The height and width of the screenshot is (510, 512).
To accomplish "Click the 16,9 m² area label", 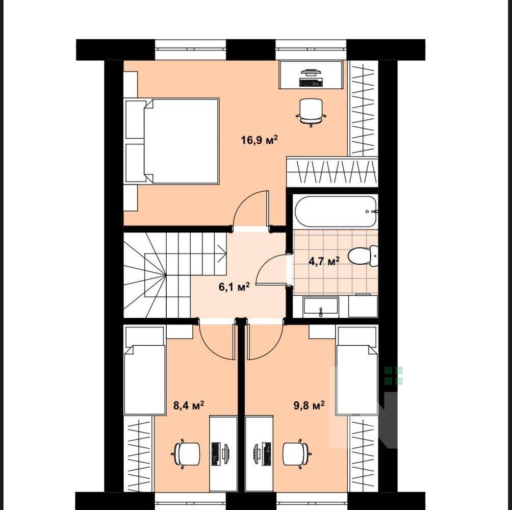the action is pyautogui.click(x=259, y=140).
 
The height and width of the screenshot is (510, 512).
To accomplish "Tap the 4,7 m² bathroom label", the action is pyautogui.click(x=324, y=261).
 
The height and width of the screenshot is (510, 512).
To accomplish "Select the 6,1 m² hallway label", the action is pyautogui.click(x=234, y=287).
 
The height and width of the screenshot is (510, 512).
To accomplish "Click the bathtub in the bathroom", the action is pyautogui.click(x=336, y=211).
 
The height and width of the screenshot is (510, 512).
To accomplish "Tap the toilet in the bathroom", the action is pyautogui.click(x=362, y=256).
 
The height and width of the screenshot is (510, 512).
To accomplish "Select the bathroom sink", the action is pyautogui.click(x=321, y=307).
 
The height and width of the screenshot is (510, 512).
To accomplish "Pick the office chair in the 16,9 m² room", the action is pyautogui.click(x=311, y=112).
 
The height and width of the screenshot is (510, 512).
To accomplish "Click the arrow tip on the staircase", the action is pyautogui.click(x=226, y=253).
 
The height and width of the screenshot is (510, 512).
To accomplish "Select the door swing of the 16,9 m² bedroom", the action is pyautogui.click(x=246, y=205).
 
